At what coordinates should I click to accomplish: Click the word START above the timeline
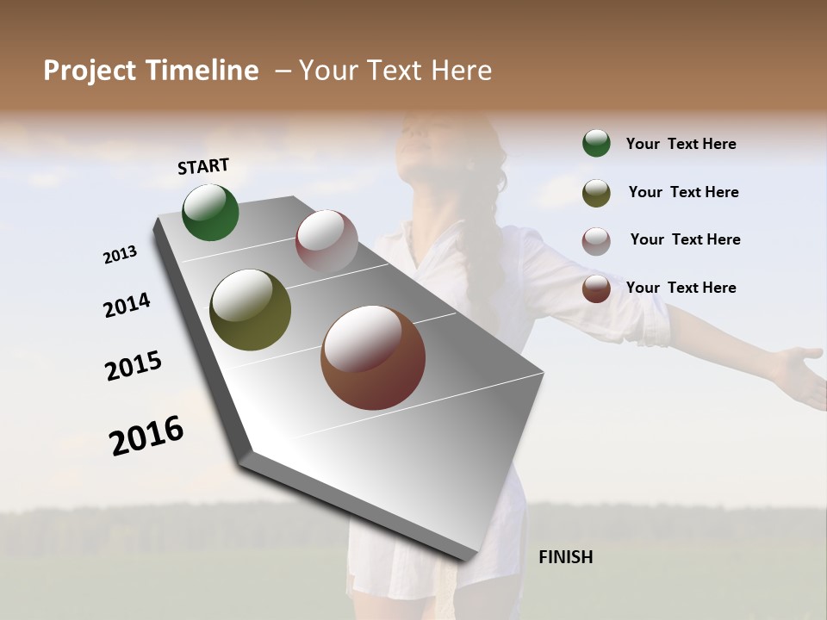coord(203,166)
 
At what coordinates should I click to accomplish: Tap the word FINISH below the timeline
coord(565,557)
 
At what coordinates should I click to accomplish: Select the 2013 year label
coord(120,255)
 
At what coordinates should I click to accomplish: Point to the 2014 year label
coord(127,306)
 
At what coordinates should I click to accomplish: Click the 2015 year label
coord(134,366)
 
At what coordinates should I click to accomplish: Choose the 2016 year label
coord(146,435)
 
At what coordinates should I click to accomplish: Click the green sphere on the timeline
coord(210,213)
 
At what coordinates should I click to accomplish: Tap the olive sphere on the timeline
coord(250,310)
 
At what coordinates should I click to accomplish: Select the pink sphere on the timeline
coord(326,241)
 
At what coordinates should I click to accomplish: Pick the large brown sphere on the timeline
coord(373,357)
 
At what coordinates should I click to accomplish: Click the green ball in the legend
coord(596,143)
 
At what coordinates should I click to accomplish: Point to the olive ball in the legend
coord(596,193)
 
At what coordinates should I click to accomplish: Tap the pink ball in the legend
coord(596,241)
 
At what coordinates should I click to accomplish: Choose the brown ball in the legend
coord(596,288)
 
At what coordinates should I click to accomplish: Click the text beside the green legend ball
coord(681,144)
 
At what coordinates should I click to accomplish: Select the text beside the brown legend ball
coord(681,288)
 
